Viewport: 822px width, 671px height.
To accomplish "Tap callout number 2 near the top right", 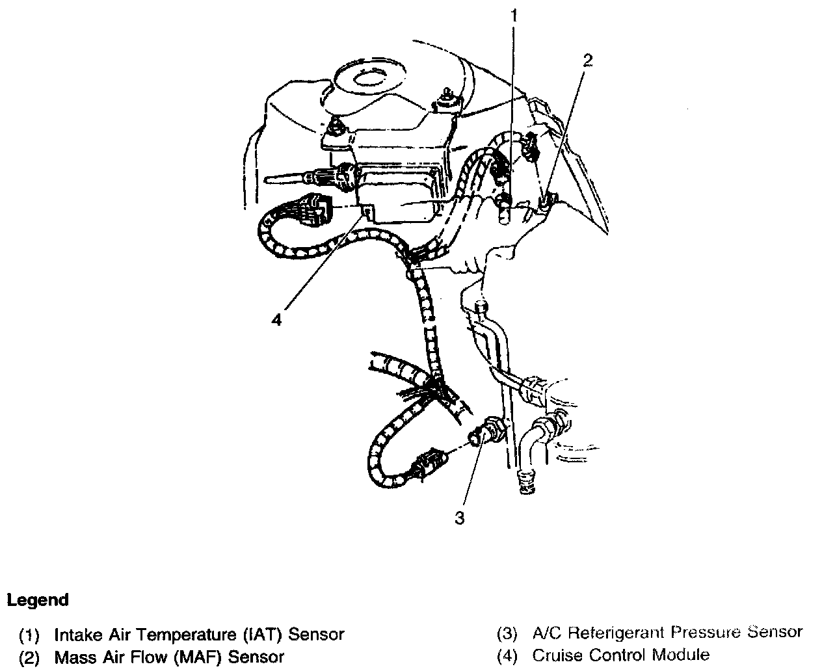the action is (587, 60).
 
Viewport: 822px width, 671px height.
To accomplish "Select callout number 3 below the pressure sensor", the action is (460, 518).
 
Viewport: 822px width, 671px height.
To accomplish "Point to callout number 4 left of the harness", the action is (277, 320).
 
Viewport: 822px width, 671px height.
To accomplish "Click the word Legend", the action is (38, 600).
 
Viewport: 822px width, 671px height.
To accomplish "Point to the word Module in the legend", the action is (680, 655).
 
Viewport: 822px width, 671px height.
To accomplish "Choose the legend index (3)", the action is (507, 633).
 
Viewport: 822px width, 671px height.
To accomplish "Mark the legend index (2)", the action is (30, 657).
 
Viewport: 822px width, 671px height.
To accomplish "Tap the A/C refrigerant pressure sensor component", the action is (484, 433).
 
